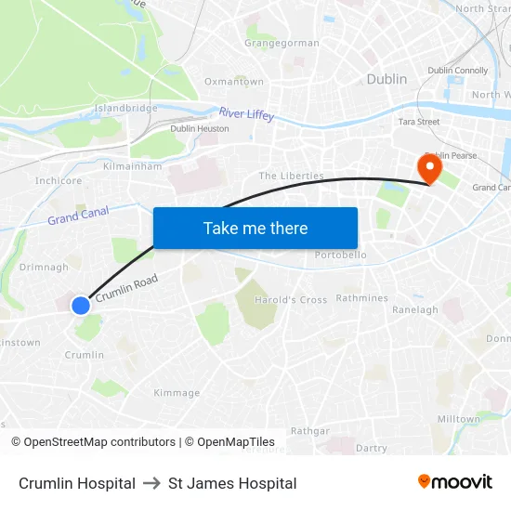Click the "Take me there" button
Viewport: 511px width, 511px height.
pos(255,228)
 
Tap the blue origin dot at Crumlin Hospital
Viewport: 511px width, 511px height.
pos(81,305)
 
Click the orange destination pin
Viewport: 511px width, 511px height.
pos(429,168)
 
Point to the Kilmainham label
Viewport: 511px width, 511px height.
pos(133,166)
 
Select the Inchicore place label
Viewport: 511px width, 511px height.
pos(59,181)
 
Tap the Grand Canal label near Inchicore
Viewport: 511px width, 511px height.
pos(78,216)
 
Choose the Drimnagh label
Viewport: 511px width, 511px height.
pos(44,267)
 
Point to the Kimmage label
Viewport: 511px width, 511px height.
pos(177,393)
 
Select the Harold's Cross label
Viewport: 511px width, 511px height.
pos(292,299)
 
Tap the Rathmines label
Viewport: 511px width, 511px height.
pos(361,298)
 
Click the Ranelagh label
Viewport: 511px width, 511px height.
pos(415,309)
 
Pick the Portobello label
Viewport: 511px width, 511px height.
pos(341,255)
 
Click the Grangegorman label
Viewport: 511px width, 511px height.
pos(282,43)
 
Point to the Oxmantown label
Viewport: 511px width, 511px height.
pos(234,82)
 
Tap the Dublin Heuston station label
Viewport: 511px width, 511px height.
pos(200,128)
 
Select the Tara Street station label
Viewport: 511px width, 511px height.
pos(418,122)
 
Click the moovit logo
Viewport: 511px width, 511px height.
pos(455,482)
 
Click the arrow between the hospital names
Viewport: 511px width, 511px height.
pos(151,483)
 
